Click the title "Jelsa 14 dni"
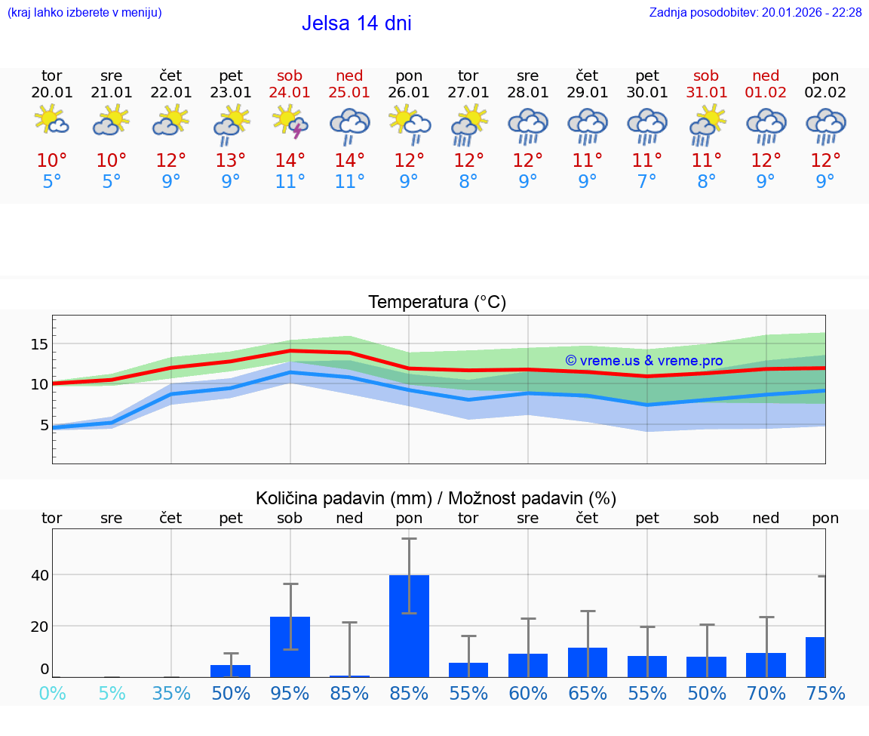point(356,23)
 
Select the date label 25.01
point(349,93)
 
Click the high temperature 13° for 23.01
point(231,160)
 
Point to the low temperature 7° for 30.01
point(646,181)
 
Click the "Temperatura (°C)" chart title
point(437,303)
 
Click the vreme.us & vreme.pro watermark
point(643,361)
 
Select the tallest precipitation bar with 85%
point(409,626)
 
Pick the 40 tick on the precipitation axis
point(39,575)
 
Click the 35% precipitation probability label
point(171,693)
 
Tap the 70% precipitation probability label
point(766,693)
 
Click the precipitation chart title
point(436,498)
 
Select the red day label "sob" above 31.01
point(706,75)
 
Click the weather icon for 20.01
point(51,122)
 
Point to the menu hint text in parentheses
point(84,13)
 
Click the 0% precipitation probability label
point(52,693)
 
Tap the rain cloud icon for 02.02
point(825,125)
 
